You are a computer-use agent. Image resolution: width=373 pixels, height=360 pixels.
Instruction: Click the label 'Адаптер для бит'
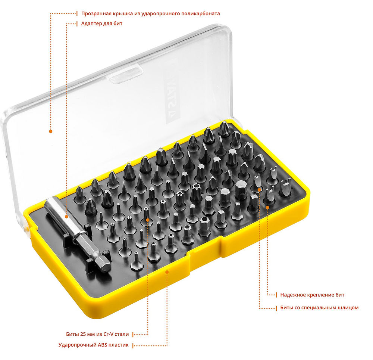point(102,24)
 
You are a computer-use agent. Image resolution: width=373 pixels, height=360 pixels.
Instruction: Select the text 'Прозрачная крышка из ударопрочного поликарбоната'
point(151,13)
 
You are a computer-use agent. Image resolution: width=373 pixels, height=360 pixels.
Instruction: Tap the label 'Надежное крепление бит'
point(312,295)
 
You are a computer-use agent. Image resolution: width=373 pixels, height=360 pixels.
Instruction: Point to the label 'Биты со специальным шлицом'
point(319,308)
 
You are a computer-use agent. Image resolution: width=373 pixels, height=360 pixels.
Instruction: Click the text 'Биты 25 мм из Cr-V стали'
point(97,334)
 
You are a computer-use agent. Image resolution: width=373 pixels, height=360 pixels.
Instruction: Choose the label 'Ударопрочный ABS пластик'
point(94,345)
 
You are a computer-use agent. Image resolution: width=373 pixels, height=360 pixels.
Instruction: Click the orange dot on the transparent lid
point(50,131)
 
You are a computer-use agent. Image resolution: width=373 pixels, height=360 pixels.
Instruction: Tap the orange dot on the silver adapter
point(67,217)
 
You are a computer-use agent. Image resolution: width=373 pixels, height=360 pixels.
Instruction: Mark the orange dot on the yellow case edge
point(167,272)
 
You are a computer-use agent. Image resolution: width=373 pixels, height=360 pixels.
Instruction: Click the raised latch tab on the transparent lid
point(125,74)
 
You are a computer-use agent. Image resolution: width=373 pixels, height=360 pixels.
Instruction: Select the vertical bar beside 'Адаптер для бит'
point(77,24)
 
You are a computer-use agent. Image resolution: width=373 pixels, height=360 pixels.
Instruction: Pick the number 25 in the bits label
point(83,334)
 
